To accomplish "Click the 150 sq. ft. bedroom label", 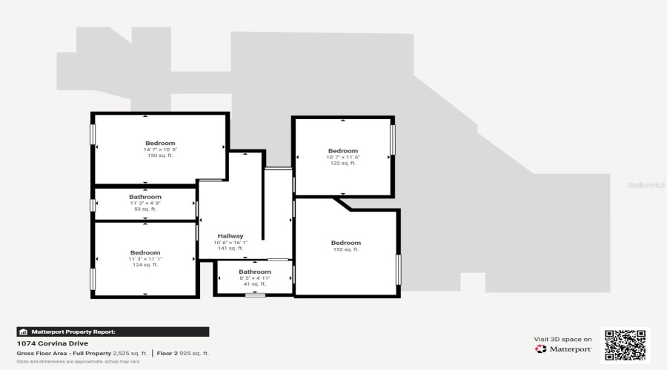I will [x=160, y=143].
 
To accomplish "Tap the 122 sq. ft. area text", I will [x=342, y=164].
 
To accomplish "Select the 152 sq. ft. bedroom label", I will [x=346, y=243].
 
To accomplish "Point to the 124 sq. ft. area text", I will [x=145, y=265].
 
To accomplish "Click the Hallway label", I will [x=230, y=236].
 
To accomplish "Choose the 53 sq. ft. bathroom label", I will [x=145, y=197].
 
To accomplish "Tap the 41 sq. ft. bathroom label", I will [x=255, y=272].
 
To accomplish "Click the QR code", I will [x=625, y=345].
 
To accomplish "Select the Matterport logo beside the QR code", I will [x=563, y=349].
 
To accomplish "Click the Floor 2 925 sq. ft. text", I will [x=185, y=354].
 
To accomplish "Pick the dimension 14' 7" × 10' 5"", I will [x=160, y=149].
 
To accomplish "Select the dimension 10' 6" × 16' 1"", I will [x=230, y=243].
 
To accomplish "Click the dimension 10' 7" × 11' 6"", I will [x=342, y=157].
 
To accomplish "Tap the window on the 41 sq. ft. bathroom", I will [x=255, y=295].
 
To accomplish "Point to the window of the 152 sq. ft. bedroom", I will [x=398, y=269].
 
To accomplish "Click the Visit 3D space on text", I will [x=563, y=339].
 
